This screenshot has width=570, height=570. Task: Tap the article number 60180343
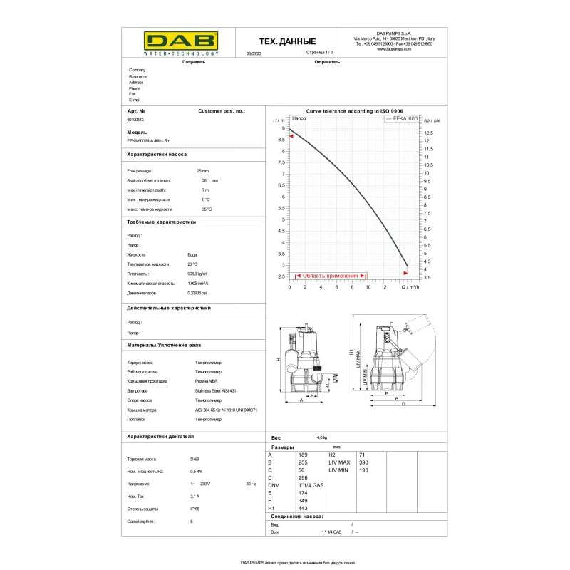[135, 121]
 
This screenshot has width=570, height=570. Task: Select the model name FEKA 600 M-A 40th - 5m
[149, 140]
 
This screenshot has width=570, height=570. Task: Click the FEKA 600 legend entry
[403, 119]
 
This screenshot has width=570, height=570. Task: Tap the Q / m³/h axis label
[410, 287]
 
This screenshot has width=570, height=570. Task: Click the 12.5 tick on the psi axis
[428, 133]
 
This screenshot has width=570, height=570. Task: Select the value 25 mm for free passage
[203, 171]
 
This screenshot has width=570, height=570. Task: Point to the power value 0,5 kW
[195, 472]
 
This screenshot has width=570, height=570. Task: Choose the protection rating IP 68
[195, 509]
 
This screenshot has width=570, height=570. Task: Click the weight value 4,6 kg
[322, 437]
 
